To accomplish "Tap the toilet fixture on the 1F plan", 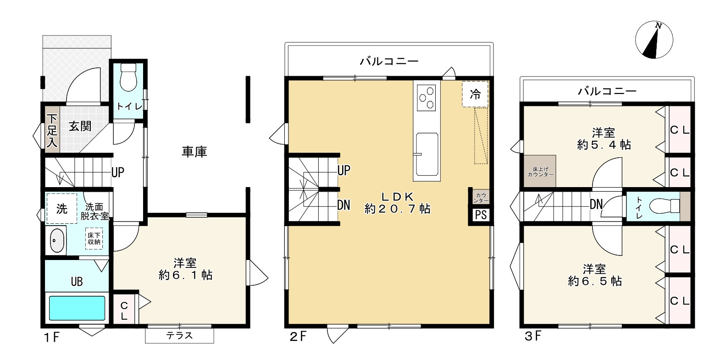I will coord(128,78).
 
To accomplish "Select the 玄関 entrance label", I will coord(80,126).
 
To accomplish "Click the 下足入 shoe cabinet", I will coord(52,130).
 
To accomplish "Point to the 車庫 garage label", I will coord(194,152).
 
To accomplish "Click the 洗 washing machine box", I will coord(61,209).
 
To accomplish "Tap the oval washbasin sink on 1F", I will coord(56,241).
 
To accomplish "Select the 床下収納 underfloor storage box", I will coord(94,238).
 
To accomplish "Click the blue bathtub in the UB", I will coord(77,308).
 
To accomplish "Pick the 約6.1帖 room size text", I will coord(185,275).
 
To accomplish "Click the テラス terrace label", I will coord(179,336).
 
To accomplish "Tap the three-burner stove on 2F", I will coord(426,97).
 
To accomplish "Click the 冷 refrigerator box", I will coord(475,94).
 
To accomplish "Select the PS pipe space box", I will coord(481,215).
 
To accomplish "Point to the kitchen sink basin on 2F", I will coord(427,156).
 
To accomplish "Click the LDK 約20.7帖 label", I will coord(397,203).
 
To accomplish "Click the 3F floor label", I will coord(533,336).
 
